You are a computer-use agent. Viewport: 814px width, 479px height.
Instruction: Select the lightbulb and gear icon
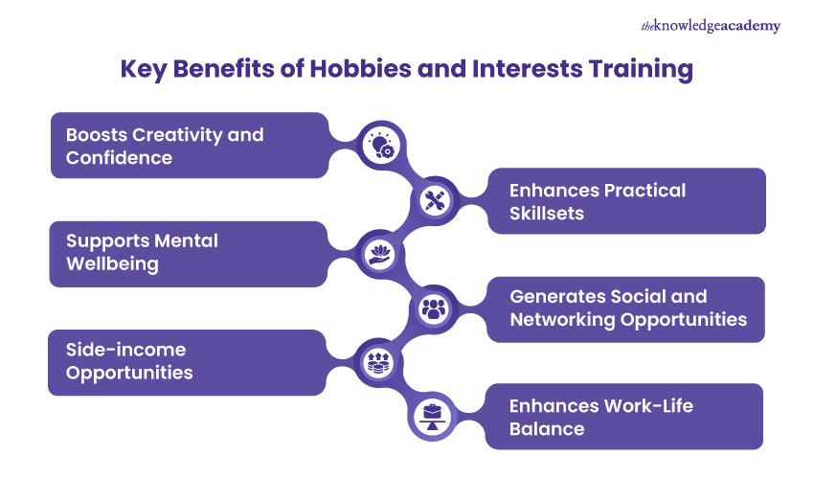382,147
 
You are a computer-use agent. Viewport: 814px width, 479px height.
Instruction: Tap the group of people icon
434,308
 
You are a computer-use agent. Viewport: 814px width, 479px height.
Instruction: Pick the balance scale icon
433,416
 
